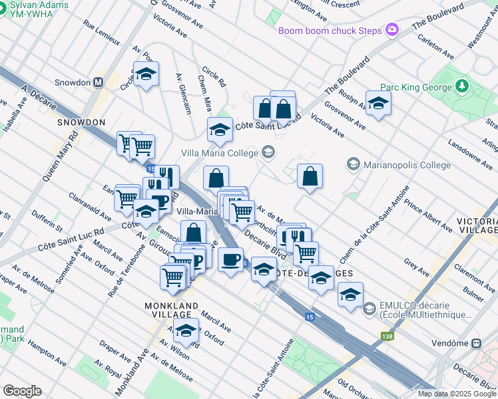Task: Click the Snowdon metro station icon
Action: pyautogui.click(x=99, y=82)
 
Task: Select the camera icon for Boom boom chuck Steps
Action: pyautogui.click(x=392, y=30)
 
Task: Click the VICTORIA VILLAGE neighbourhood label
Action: pyautogui.click(x=477, y=227)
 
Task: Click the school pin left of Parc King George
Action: pyautogui.click(x=378, y=103)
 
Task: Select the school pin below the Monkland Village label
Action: pyautogui.click(x=186, y=329)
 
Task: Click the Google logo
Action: pyautogui.click(x=22, y=391)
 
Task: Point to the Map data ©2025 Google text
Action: pyautogui.click(x=456, y=394)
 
